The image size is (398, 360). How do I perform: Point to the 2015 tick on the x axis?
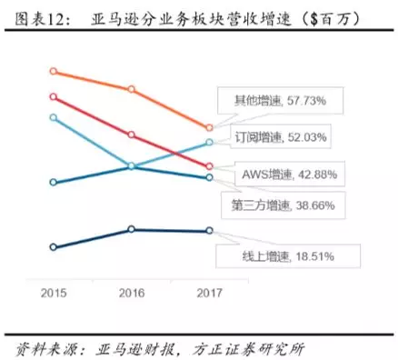54,294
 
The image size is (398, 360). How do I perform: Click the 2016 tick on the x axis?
132,294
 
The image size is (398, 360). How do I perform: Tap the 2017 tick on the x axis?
210,294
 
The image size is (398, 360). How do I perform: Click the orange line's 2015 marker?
54,71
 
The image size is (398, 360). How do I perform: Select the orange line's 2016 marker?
132,89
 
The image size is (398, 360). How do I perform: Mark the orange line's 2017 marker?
210,128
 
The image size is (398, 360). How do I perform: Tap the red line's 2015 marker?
54,96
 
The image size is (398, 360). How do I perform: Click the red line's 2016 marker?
132,135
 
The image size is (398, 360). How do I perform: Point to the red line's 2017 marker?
210,167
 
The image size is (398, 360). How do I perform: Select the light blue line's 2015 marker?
54,117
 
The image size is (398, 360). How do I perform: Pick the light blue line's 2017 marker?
210,143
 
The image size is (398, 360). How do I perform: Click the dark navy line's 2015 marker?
54,246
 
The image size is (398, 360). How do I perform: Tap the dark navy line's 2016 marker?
132,229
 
